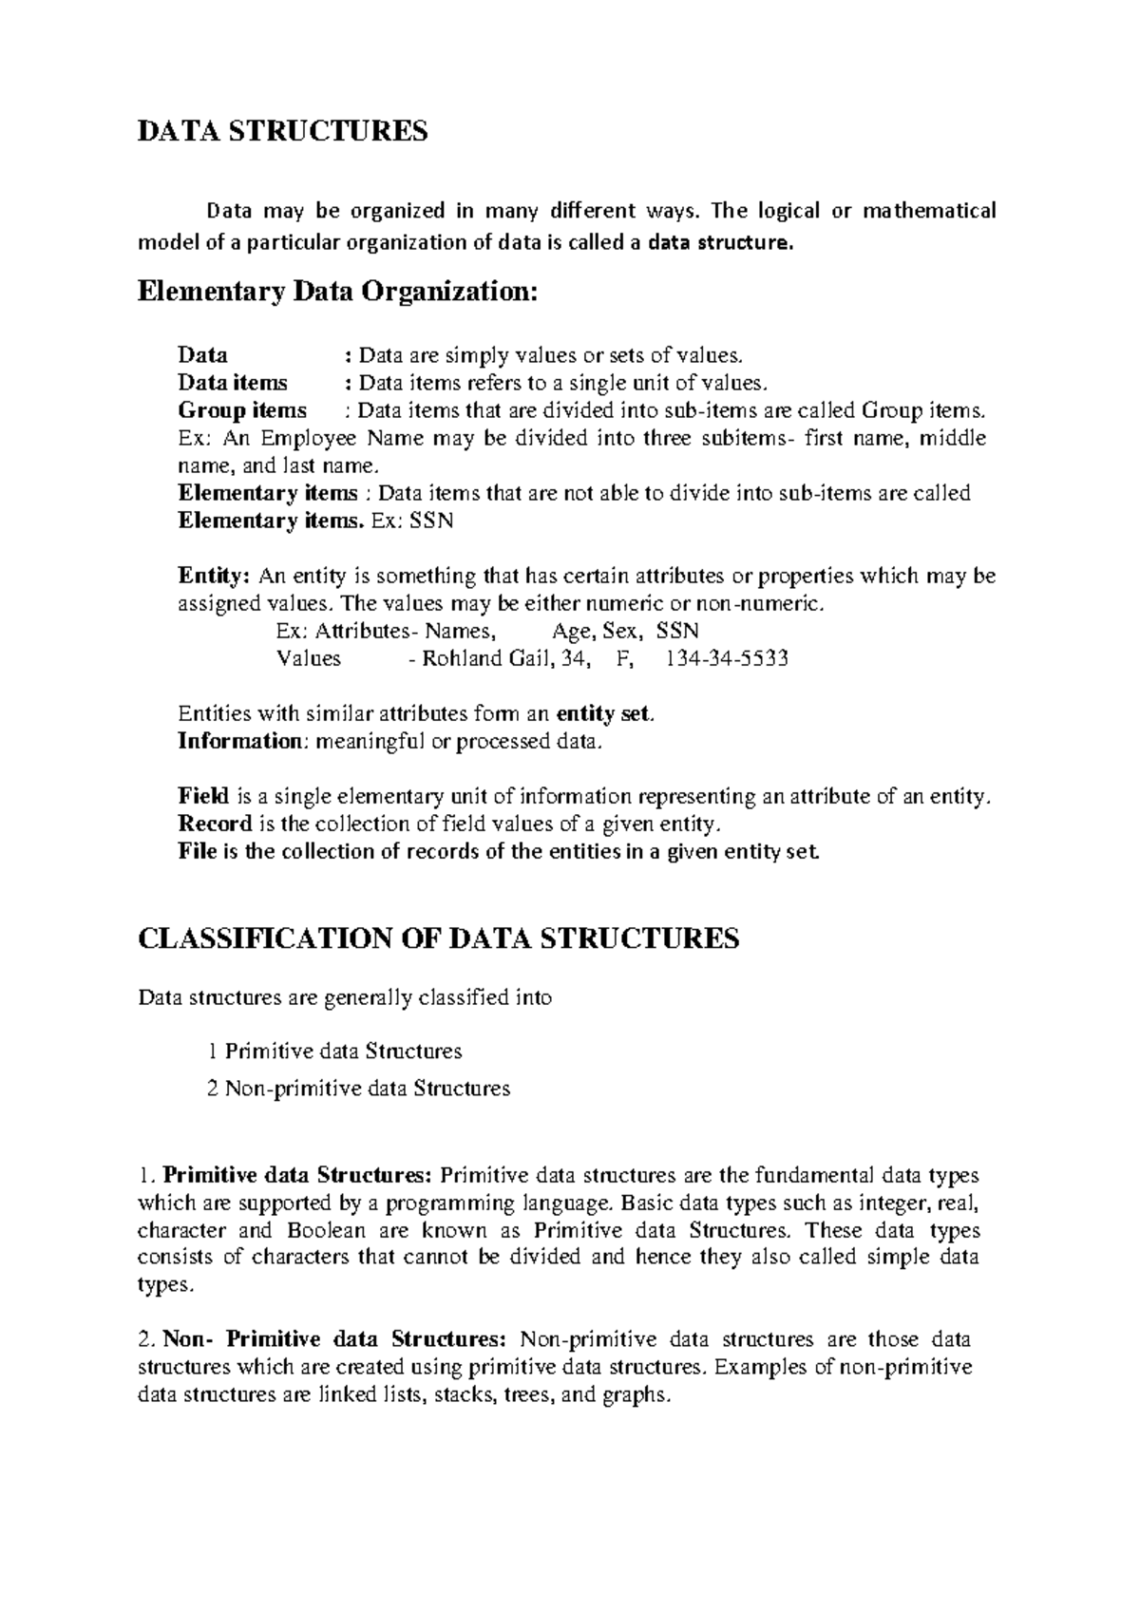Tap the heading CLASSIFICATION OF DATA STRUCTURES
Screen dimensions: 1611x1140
438,939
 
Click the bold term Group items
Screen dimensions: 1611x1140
242,410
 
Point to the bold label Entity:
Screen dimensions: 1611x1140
215,576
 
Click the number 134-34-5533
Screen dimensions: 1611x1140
728,658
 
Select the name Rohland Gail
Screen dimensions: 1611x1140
486,658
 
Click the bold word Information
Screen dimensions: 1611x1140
238,741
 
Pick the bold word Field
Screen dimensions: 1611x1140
198,796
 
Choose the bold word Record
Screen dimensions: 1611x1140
215,824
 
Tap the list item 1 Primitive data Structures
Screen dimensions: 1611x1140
334,1052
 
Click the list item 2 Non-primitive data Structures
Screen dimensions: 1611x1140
358,1089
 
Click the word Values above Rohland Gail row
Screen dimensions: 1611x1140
309,658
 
